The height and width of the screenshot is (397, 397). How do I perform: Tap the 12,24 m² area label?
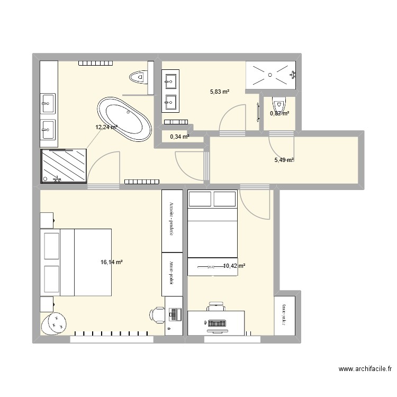pos(106,127)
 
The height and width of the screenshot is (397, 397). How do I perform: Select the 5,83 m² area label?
pos(220,92)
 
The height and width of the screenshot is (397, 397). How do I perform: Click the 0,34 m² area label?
pos(179,137)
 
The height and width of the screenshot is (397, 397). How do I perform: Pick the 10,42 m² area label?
pos(233,266)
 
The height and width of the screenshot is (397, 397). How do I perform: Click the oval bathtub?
pos(124,119)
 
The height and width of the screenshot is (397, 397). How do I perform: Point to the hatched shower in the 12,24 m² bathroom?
pos(64,165)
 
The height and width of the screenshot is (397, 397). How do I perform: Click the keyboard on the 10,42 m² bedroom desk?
pos(216,322)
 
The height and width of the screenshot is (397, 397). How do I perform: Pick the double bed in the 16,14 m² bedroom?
pos(76,262)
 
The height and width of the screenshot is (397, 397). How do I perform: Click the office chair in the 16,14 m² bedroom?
pos(157,314)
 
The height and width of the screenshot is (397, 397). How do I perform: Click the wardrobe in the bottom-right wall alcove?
pos(284,314)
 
